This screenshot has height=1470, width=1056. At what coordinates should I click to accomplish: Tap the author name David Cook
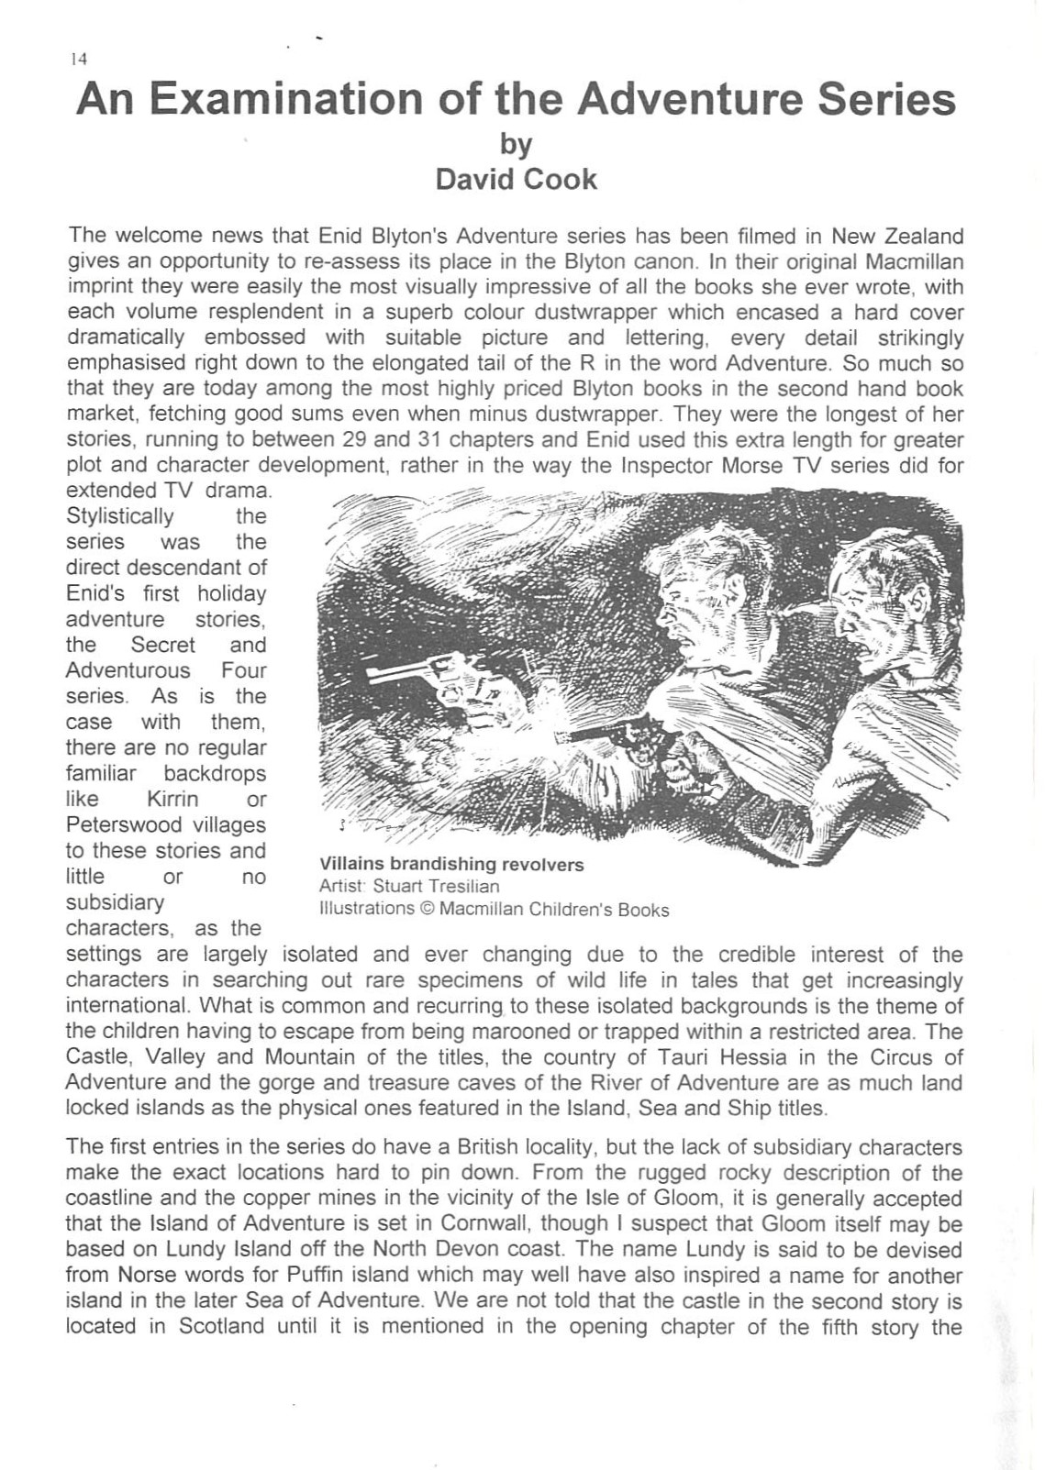(x=516, y=179)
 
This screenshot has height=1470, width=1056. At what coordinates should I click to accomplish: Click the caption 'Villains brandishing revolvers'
(x=450, y=864)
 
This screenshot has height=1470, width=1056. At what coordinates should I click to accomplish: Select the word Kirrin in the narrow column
(x=172, y=799)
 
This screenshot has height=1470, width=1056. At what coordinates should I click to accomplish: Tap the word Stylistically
(x=119, y=515)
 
